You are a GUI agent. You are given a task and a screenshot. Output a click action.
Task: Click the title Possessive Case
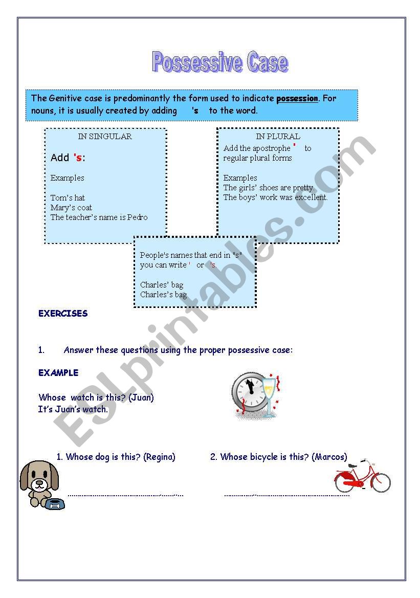[x=220, y=62]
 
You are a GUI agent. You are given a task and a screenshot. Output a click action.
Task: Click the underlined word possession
[x=297, y=98]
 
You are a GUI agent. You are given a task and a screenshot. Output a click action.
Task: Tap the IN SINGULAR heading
[x=105, y=137]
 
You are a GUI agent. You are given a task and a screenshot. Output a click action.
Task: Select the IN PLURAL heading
[x=278, y=137]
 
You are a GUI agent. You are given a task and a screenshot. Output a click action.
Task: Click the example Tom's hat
[x=68, y=197]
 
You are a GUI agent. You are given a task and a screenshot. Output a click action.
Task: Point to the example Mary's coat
[x=71, y=207]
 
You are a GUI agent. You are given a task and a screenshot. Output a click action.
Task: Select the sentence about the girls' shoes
[x=269, y=187]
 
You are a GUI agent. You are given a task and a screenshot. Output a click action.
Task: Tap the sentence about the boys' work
[x=275, y=197]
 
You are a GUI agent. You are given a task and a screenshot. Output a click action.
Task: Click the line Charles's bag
[x=164, y=294]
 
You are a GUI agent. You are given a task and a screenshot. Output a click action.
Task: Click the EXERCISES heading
[x=63, y=314]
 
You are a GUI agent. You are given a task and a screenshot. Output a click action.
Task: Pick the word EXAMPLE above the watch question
[x=58, y=372]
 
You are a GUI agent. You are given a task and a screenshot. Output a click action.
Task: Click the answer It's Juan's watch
[x=73, y=409]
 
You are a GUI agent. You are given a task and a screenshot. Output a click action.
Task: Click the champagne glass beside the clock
[x=269, y=391]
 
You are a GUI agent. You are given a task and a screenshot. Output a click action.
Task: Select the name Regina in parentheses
[x=160, y=457]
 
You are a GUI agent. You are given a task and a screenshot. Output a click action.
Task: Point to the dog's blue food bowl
[x=55, y=504]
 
